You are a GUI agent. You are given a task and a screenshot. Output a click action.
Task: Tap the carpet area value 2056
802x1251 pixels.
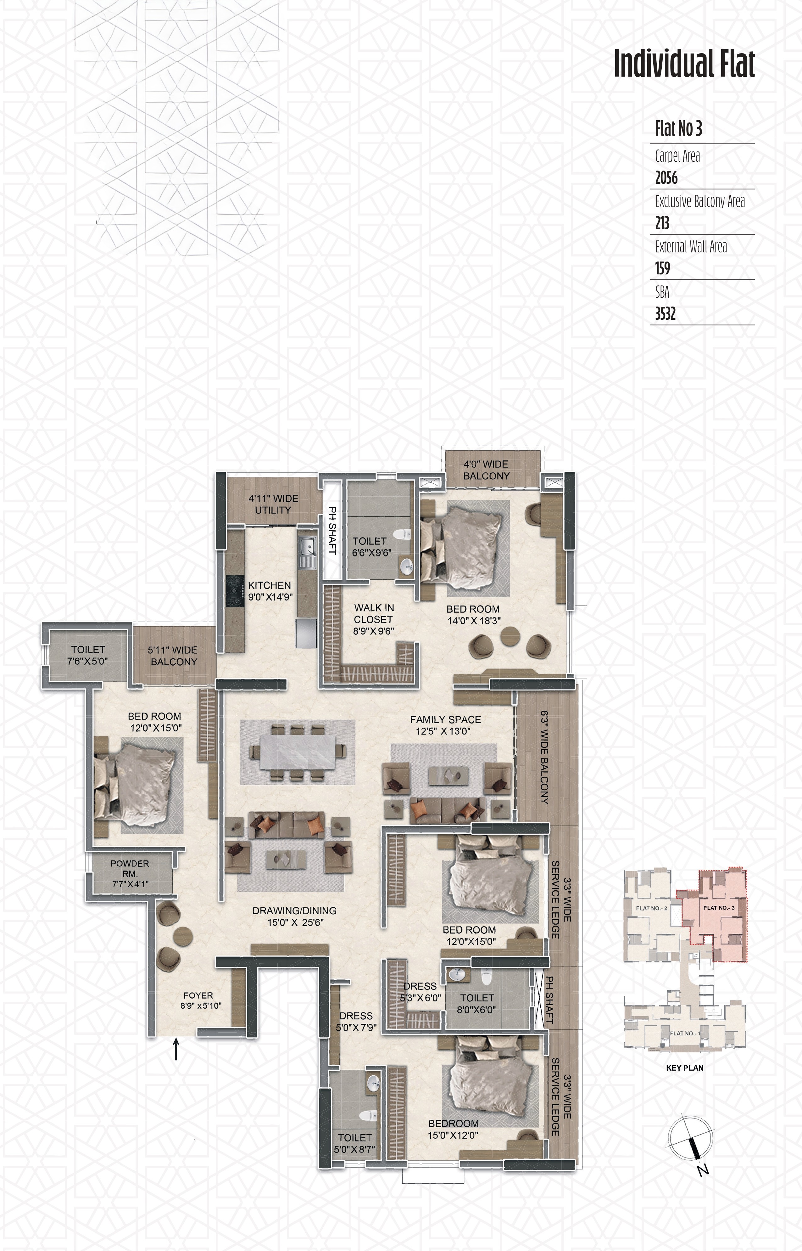click(x=666, y=178)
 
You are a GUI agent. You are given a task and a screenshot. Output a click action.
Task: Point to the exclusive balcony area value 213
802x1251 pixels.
click(x=662, y=223)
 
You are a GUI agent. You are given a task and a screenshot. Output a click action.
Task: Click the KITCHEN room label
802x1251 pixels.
click(x=269, y=585)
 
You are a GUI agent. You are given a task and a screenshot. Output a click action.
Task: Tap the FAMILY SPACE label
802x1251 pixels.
click(x=445, y=719)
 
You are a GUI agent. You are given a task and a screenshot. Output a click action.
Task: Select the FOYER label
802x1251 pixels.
click(x=198, y=995)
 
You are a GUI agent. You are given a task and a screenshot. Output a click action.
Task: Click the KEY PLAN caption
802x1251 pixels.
click(x=684, y=1068)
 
